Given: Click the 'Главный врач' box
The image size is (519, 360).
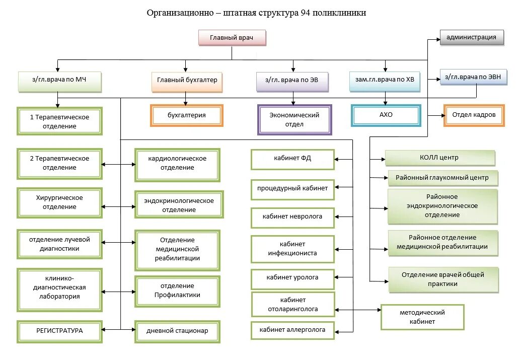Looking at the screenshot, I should tap(232, 38).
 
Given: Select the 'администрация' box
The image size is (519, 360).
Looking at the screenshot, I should tap(472, 37).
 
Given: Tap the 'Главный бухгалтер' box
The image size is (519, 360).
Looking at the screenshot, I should tap(187, 80).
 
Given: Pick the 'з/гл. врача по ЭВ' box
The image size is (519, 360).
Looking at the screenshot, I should tap(292, 80).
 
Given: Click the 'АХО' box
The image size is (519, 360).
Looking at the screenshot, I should tap(386, 115).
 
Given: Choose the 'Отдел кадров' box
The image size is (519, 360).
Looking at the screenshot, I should tap(474, 115).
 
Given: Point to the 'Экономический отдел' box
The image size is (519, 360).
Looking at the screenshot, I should tap(294, 120).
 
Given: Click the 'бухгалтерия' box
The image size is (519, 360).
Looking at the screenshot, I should tap(186, 115).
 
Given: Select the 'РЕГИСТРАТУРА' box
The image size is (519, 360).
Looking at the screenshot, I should tap(59, 331).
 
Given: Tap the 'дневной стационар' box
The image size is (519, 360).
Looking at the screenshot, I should tap(177, 331).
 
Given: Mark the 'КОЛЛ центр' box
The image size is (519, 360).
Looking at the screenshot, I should tap(439, 158).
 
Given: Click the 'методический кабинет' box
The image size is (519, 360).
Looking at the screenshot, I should tap(422, 317).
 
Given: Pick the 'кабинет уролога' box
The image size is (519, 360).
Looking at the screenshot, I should tap(292, 278).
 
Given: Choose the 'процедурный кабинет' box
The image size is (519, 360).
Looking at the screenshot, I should tap(292, 189).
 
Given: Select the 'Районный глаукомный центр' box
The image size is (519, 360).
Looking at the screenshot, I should tap(442, 178).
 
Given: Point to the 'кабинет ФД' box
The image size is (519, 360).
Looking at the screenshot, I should tap(292, 158).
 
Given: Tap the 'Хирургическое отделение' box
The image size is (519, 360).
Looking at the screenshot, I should tap(59, 202).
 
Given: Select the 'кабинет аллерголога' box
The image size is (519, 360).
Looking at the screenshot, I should tap(292, 330).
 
